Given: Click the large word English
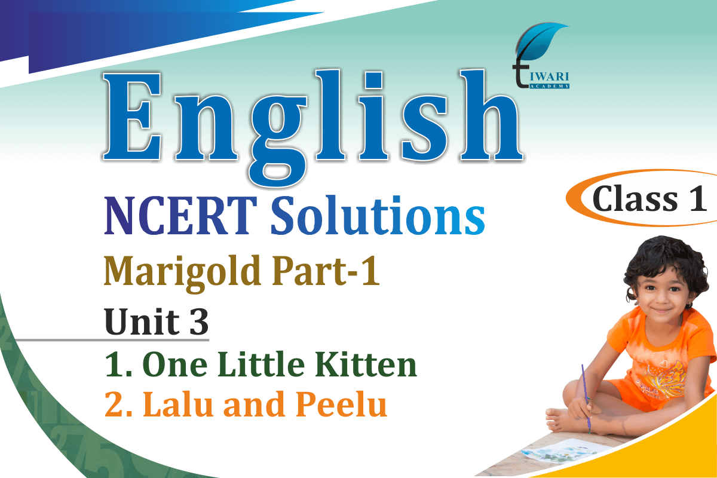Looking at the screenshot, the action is (x=312, y=127).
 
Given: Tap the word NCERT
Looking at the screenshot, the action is (x=181, y=215).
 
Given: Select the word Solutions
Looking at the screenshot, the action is (x=378, y=215).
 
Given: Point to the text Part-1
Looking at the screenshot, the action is (x=326, y=271).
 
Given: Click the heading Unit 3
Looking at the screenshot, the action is (x=157, y=321).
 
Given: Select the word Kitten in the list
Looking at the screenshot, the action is (x=366, y=364).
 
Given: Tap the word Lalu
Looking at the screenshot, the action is (x=178, y=404).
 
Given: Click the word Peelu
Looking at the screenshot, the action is (x=341, y=404).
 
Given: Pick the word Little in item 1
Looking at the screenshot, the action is (x=261, y=364).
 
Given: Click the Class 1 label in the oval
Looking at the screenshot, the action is (x=649, y=199).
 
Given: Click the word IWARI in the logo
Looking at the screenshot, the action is (x=549, y=76).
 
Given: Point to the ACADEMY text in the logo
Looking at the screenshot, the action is (x=549, y=86).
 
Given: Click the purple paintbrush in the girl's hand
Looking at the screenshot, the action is (x=586, y=399).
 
